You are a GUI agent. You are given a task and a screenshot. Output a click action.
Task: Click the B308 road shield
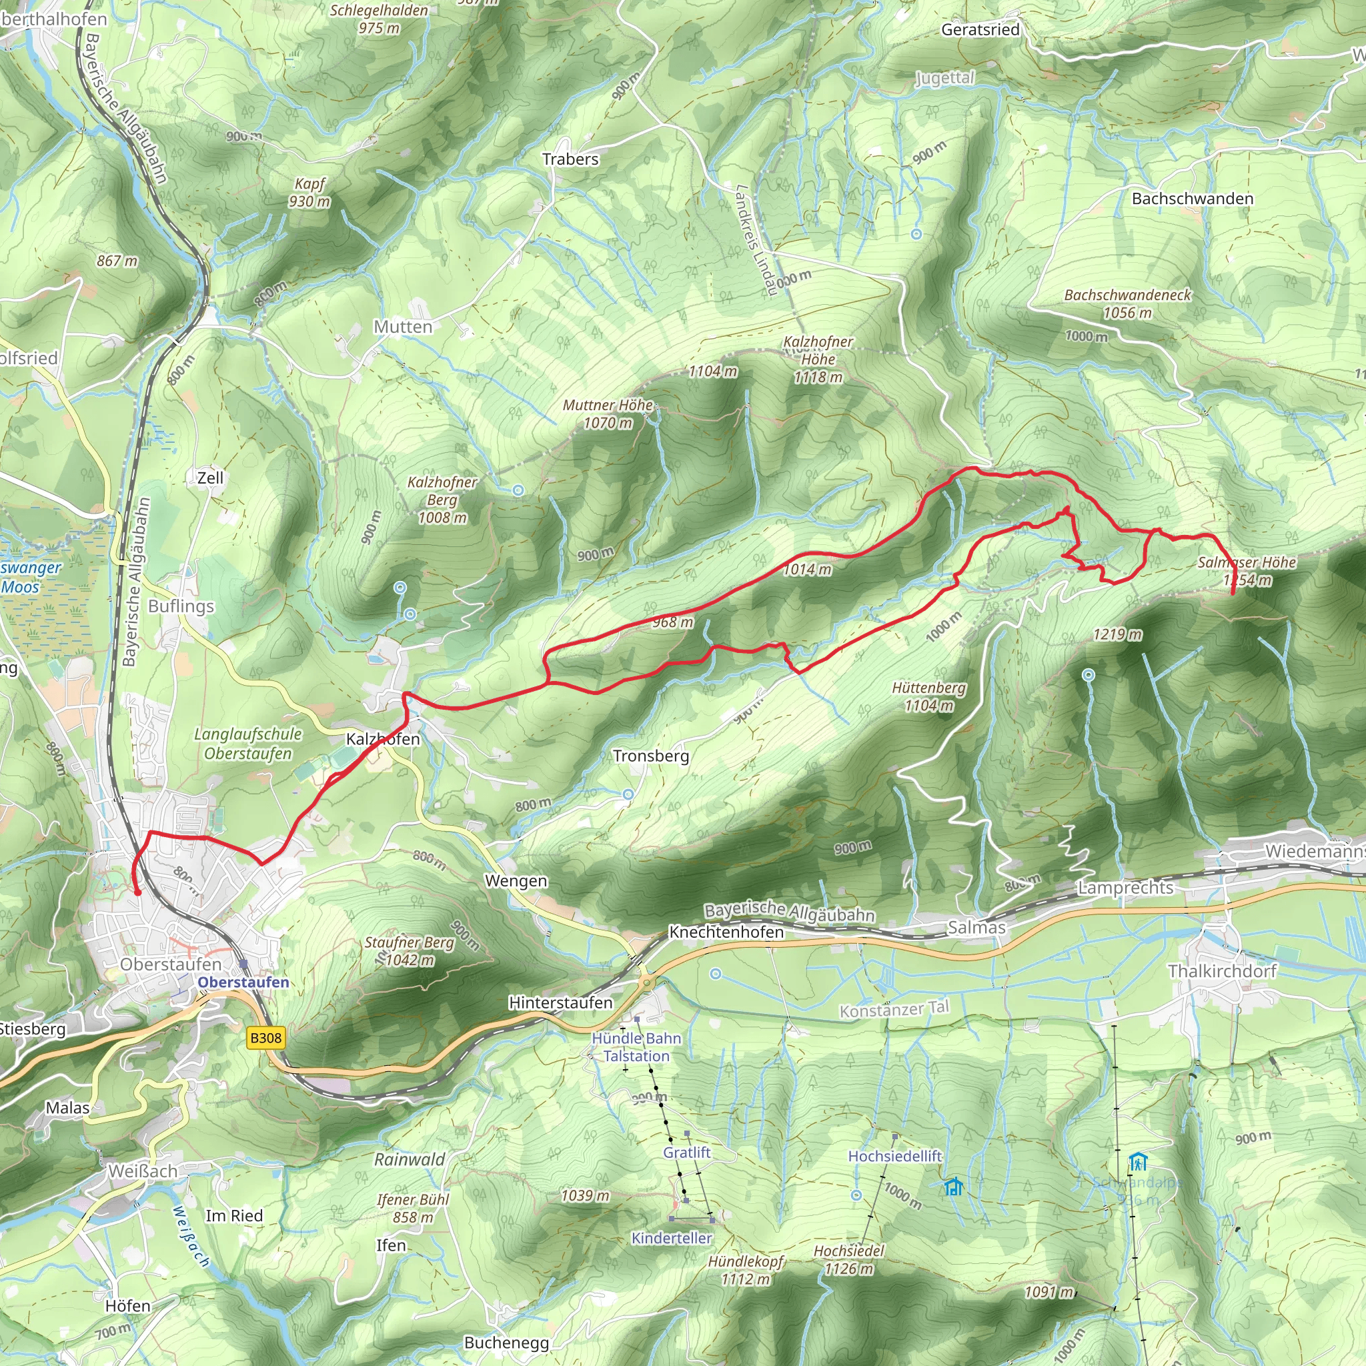[266, 1038]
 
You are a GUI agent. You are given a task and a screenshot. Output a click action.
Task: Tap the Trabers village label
[570, 159]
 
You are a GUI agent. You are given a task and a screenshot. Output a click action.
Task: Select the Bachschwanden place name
[1192, 199]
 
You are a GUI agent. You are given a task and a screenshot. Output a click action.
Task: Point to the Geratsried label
[980, 30]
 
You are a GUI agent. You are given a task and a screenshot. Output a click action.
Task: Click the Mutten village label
[403, 327]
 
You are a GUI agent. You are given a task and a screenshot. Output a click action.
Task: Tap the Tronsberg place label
[650, 756]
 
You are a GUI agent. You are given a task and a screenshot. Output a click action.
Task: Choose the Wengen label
[516, 881]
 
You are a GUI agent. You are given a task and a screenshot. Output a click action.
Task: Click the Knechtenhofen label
[726, 932]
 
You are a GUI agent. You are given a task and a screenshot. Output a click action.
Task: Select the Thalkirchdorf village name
[1222, 970]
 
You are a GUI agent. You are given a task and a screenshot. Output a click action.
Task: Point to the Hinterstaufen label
[561, 1002]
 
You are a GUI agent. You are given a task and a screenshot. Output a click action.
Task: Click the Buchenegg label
[506, 1343]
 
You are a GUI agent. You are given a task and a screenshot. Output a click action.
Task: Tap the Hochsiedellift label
[894, 1156]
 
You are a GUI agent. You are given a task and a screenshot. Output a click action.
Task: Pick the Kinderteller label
[671, 1238]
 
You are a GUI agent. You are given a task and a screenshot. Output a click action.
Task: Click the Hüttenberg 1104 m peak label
[928, 696]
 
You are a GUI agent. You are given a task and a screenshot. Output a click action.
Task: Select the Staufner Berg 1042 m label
[410, 951]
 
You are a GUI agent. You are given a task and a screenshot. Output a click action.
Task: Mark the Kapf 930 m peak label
[309, 192]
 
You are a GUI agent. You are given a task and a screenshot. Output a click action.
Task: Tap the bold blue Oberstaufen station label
[243, 982]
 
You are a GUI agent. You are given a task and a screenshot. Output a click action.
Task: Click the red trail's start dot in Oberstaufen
[138, 893]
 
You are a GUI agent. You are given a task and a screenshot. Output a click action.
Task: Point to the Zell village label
[210, 478]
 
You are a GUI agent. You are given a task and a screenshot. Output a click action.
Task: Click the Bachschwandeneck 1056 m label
[1127, 303]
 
